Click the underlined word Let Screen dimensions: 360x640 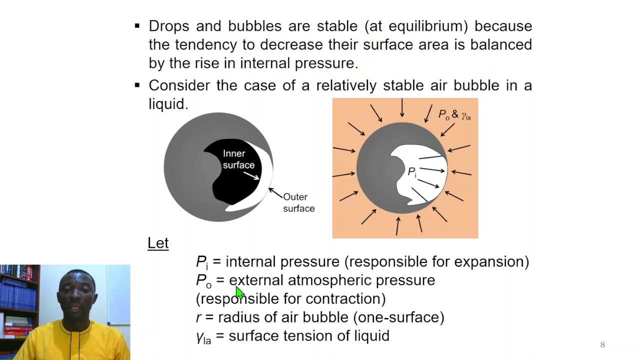[x=158, y=243]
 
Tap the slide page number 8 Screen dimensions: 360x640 [x=602, y=344]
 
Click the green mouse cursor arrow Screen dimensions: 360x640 [x=240, y=293]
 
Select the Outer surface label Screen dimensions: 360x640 [x=298, y=202]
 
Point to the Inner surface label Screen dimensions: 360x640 [x=238, y=159]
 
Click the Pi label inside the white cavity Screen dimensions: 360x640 [x=411, y=172]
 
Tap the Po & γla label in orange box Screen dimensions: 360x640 [x=454, y=114]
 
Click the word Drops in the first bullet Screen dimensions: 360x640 [x=168, y=26]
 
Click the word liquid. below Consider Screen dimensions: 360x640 [x=168, y=104]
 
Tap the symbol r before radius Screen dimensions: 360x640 [x=198, y=317]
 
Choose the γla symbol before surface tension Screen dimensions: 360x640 [x=203, y=337]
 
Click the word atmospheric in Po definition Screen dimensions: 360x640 [x=329, y=280]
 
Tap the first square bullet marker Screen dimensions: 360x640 [x=137, y=25]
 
